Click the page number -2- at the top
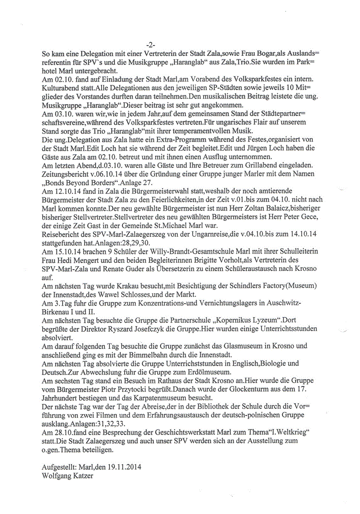click(150, 45)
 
